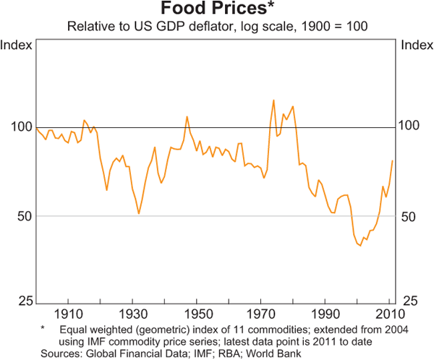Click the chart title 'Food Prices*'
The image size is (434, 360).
click(217, 9)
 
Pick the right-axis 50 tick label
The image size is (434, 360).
click(409, 216)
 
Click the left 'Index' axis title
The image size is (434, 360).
click(17, 46)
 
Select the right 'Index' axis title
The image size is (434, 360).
click(417, 46)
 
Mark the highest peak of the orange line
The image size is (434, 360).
click(273, 100)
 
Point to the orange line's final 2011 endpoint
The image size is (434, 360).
click(392, 160)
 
